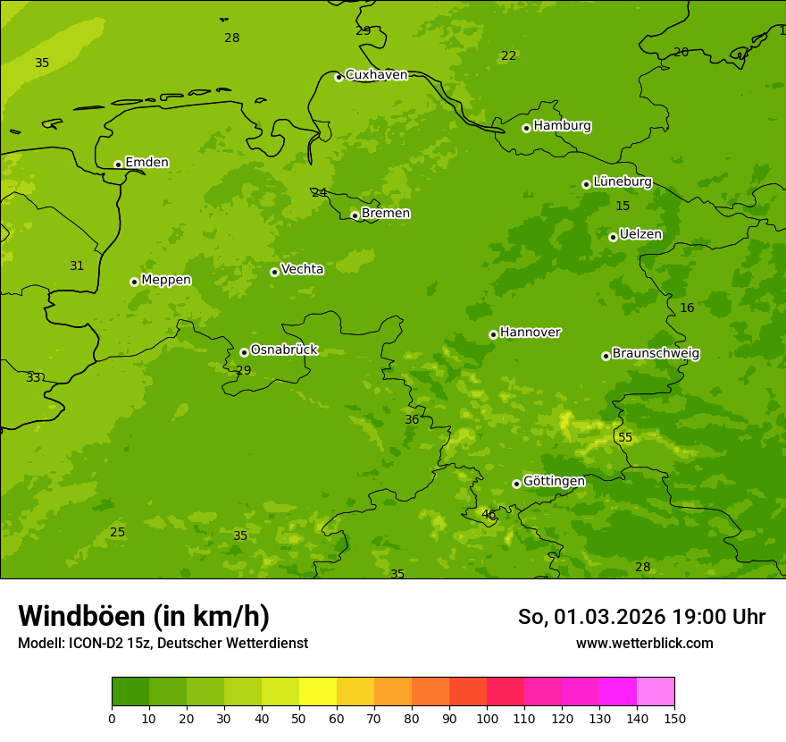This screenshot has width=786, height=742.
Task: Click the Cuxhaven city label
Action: point(376,75)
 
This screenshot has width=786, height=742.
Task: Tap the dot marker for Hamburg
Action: point(527,128)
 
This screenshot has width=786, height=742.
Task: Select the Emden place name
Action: point(146,163)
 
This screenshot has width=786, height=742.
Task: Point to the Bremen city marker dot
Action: point(355,215)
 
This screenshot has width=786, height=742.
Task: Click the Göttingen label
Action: point(554,482)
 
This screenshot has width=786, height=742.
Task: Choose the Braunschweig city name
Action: point(656,354)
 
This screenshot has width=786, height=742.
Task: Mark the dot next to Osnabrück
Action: point(244,352)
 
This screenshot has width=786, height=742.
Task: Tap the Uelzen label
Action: point(640,235)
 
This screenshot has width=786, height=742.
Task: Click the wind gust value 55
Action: point(625,437)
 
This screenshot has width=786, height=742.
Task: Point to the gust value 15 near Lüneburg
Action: point(623,207)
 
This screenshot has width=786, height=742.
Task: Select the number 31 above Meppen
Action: point(77,266)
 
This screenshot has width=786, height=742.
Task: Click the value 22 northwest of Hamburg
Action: point(509,56)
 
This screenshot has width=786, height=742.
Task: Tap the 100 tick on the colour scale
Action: point(487,718)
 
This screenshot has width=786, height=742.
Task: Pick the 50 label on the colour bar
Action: point(299,718)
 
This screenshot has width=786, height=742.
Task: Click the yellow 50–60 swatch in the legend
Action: point(318,691)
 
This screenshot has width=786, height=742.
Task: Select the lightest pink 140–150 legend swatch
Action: point(656,691)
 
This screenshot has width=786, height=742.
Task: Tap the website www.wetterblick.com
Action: point(644,643)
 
